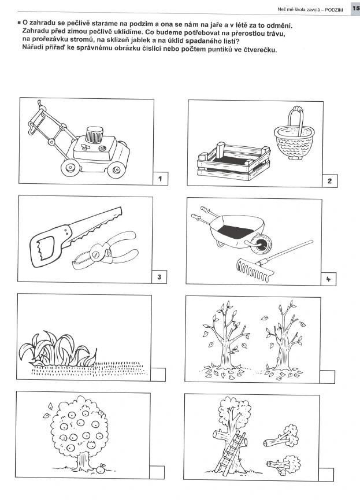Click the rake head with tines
(x=255, y=269)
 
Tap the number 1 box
(x=160, y=179)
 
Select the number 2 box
(x=329, y=181)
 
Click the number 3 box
(x=159, y=276)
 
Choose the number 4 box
(x=328, y=279)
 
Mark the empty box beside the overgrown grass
(x=158, y=375)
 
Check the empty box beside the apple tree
(x=157, y=472)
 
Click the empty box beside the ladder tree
(x=326, y=475)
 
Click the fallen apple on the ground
(x=101, y=469)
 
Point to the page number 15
(x=356, y=9)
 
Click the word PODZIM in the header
(x=334, y=10)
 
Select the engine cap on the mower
(x=95, y=134)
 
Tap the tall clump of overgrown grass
(x=57, y=349)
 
